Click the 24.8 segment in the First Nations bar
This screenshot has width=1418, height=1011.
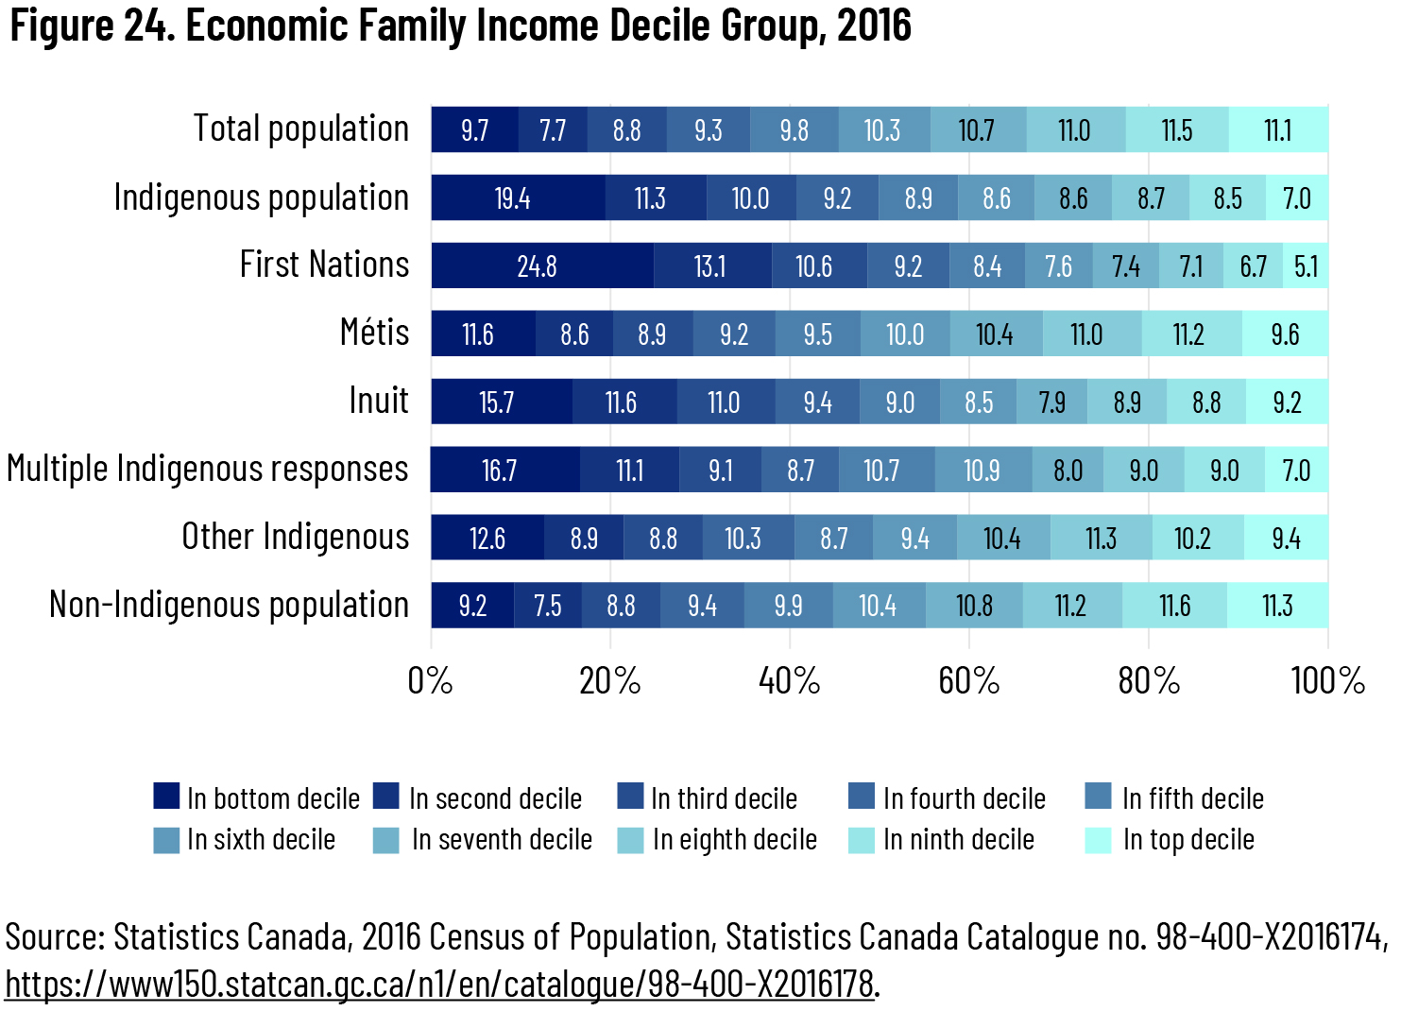point(538,266)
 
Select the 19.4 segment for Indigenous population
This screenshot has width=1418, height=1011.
point(513,198)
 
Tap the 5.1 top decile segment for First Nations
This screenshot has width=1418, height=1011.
point(1306,266)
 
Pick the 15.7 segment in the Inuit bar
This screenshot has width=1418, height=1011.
point(497,403)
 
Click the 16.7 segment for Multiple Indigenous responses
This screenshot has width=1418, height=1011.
point(500,471)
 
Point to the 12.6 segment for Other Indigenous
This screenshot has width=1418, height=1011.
point(487,539)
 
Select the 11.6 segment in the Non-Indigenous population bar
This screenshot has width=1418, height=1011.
point(1175,606)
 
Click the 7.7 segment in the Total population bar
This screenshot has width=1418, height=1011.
point(553,130)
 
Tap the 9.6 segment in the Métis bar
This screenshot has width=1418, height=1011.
point(1285,334)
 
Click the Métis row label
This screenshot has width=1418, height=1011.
point(374,333)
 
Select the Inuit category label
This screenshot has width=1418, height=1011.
point(379,401)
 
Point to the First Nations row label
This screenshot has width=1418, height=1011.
point(324,265)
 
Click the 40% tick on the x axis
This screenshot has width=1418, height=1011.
point(790,680)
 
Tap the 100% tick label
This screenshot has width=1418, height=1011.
point(1327,680)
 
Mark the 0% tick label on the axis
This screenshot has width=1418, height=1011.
point(431,680)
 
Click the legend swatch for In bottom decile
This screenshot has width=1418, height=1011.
point(166,797)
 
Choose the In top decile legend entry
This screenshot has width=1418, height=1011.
point(1187,839)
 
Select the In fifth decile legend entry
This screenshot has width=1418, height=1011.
point(1192,798)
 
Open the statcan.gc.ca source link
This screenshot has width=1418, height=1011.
point(439,985)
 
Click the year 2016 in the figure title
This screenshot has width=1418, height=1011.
point(874,26)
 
